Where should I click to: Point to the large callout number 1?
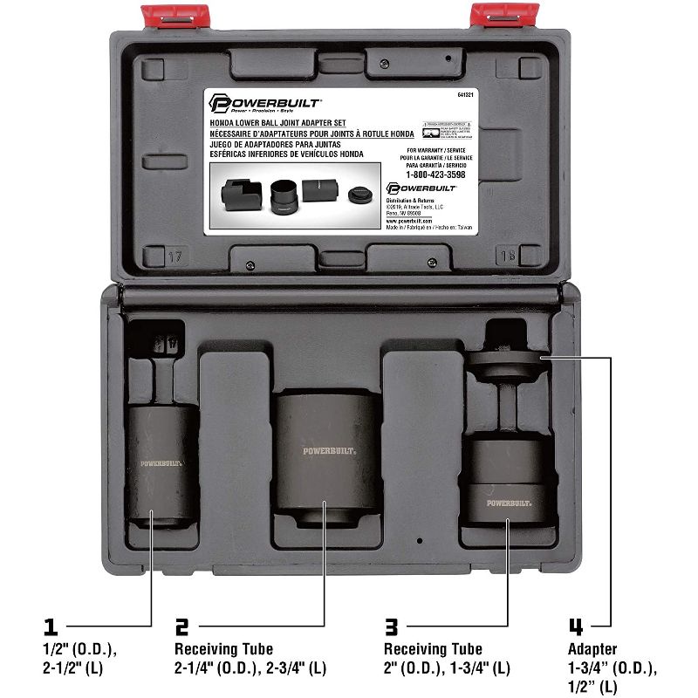pyautogui.click(x=51, y=626)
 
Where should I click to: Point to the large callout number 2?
pyautogui.click(x=181, y=626)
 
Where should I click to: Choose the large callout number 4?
pyautogui.click(x=576, y=626)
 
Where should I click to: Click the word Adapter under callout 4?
pyautogui.click(x=592, y=649)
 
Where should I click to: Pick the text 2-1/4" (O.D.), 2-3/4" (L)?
pyautogui.click(x=251, y=668)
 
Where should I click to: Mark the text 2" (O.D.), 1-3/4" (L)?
pyautogui.click(x=447, y=668)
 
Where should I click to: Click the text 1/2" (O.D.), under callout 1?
pyautogui.click(x=79, y=649)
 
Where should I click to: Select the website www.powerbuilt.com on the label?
pyautogui.click(x=409, y=222)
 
